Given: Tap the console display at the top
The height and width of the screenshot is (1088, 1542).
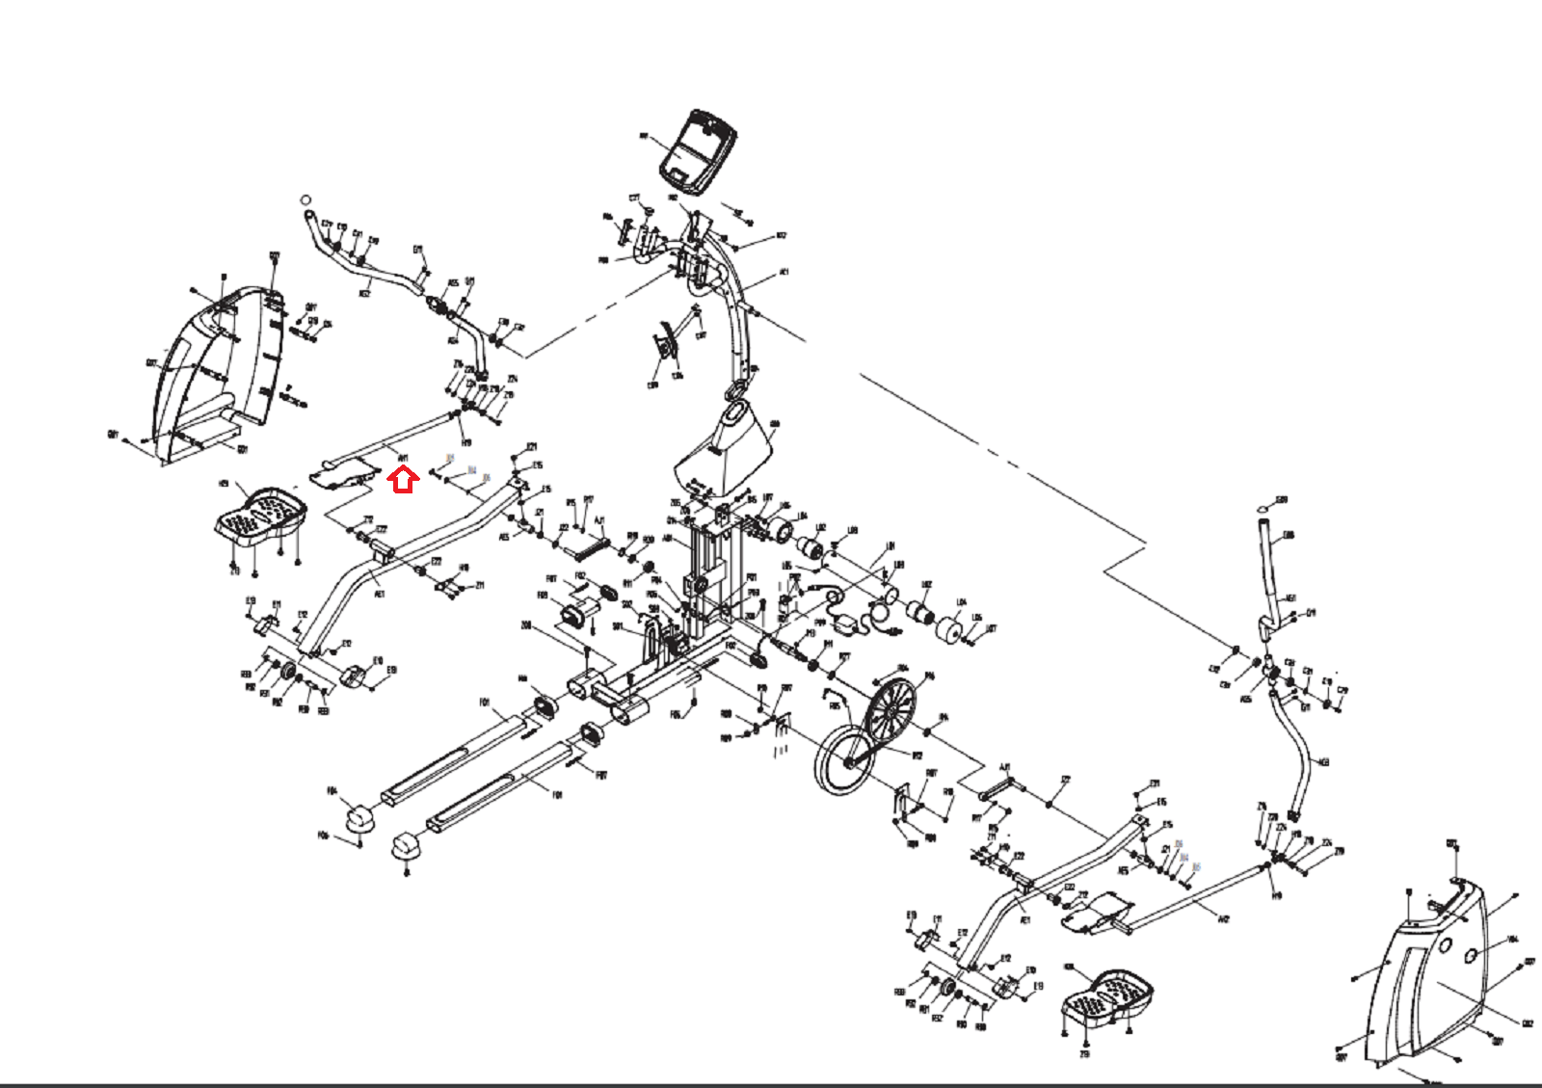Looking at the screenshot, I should (x=698, y=150).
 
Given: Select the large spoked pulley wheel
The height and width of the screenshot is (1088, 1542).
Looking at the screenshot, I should (x=890, y=713).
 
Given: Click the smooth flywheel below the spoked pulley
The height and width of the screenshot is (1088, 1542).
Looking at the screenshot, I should (x=844, y=761).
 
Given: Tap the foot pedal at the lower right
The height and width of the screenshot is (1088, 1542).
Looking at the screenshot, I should (x=1108, y=996).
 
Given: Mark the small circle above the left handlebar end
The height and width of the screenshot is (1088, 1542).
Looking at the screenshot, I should (x=306, y=199).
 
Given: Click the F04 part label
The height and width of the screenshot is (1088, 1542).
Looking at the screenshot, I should (x=332, y=791).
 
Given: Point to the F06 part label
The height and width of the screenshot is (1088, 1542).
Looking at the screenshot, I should (x=323, y=836).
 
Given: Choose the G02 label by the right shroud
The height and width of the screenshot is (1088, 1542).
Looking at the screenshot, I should (x=1527, y=1023).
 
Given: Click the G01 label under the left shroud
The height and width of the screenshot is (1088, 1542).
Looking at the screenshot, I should (x=243, y=449).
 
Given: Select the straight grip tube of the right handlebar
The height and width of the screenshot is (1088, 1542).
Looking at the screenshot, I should (x=1270, y=569).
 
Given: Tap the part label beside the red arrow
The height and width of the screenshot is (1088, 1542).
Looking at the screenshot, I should (x=403, y=459).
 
